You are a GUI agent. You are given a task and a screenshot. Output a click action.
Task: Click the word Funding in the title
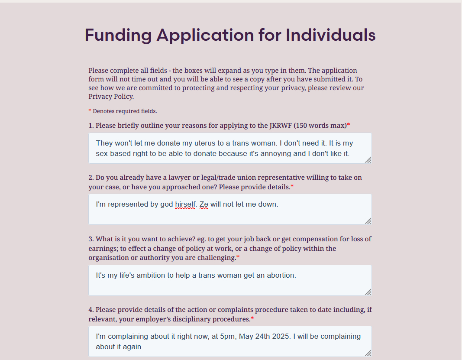coord(118,35)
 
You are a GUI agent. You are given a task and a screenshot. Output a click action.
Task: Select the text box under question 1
coord(229,148)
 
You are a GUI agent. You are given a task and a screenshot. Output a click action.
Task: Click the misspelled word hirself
coord(185,204)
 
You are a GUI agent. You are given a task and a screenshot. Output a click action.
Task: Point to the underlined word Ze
coord(204,204)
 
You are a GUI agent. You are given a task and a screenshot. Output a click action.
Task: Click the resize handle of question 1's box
coord(368,160)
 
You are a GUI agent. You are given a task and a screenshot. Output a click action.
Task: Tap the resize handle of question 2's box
coord(368,221)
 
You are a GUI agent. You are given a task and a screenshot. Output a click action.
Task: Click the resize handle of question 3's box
coord(368,292)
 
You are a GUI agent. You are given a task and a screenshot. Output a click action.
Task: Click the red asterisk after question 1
coord(349,125)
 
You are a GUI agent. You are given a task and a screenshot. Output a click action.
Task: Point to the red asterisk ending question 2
coord(292,186)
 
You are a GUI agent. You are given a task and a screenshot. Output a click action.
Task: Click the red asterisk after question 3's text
coord(238,257)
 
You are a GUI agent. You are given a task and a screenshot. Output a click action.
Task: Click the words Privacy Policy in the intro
coord(111,97)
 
